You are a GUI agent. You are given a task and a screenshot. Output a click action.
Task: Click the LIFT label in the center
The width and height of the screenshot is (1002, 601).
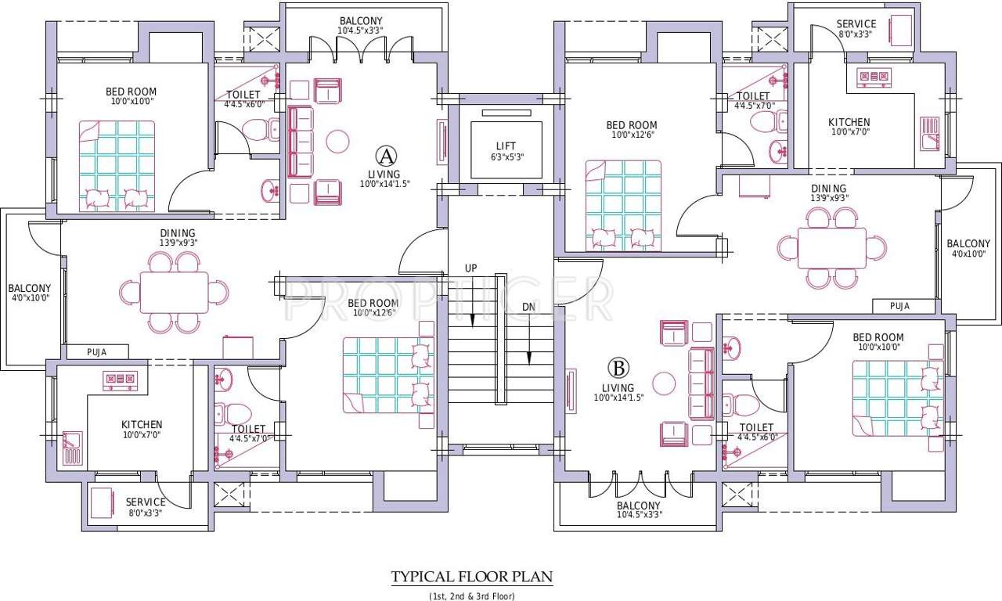click(506, 146)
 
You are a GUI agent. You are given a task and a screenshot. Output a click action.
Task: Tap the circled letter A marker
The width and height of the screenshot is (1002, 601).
click(384, 153)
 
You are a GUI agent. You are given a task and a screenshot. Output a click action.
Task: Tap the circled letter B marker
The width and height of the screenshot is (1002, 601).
click(619, 367)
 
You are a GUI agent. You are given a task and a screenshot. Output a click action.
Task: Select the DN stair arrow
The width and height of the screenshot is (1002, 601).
click(529, 336)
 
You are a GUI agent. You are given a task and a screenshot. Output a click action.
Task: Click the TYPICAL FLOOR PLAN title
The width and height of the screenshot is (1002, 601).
click(472, 578)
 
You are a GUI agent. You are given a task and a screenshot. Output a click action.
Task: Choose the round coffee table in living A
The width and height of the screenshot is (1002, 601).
click(338, 141)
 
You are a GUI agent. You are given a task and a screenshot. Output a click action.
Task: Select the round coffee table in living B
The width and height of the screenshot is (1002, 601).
click(664, 383)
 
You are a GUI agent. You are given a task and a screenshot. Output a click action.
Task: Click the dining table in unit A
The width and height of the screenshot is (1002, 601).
click(175, 292)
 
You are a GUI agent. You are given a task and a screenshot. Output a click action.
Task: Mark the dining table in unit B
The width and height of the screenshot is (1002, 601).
click(831, 247)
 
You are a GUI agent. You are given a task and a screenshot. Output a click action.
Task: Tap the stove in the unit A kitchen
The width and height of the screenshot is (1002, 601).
click(121, 380)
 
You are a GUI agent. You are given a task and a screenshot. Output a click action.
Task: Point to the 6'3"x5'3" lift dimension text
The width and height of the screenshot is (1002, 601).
click(506, 157)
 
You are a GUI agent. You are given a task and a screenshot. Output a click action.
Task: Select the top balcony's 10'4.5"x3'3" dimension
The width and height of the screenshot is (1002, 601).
click(361, 31)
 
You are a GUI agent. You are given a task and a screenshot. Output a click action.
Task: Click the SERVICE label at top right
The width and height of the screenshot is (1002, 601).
click(856, 23)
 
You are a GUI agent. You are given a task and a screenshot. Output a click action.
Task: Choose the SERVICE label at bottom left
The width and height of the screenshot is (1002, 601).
click(146, 502)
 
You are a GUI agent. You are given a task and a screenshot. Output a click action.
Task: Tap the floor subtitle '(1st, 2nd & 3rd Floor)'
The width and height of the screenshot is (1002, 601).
click(471, 596)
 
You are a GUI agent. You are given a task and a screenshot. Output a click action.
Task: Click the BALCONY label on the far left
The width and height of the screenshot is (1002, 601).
click(29, 288)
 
